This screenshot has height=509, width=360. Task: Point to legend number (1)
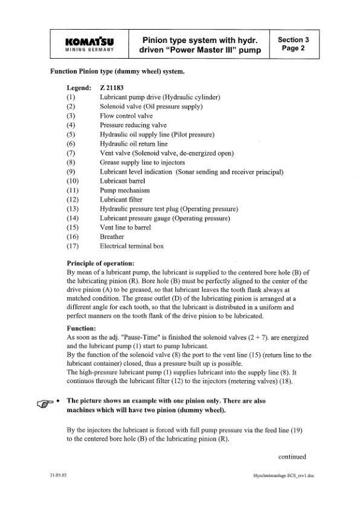(x=71, y=97)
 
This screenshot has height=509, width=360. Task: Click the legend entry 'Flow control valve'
(x=126, y=116)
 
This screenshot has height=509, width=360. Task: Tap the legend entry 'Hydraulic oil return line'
(x=134, y=144)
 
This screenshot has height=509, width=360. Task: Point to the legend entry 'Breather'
(x=112, y=237)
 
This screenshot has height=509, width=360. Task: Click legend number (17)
(x=73, y=246)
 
